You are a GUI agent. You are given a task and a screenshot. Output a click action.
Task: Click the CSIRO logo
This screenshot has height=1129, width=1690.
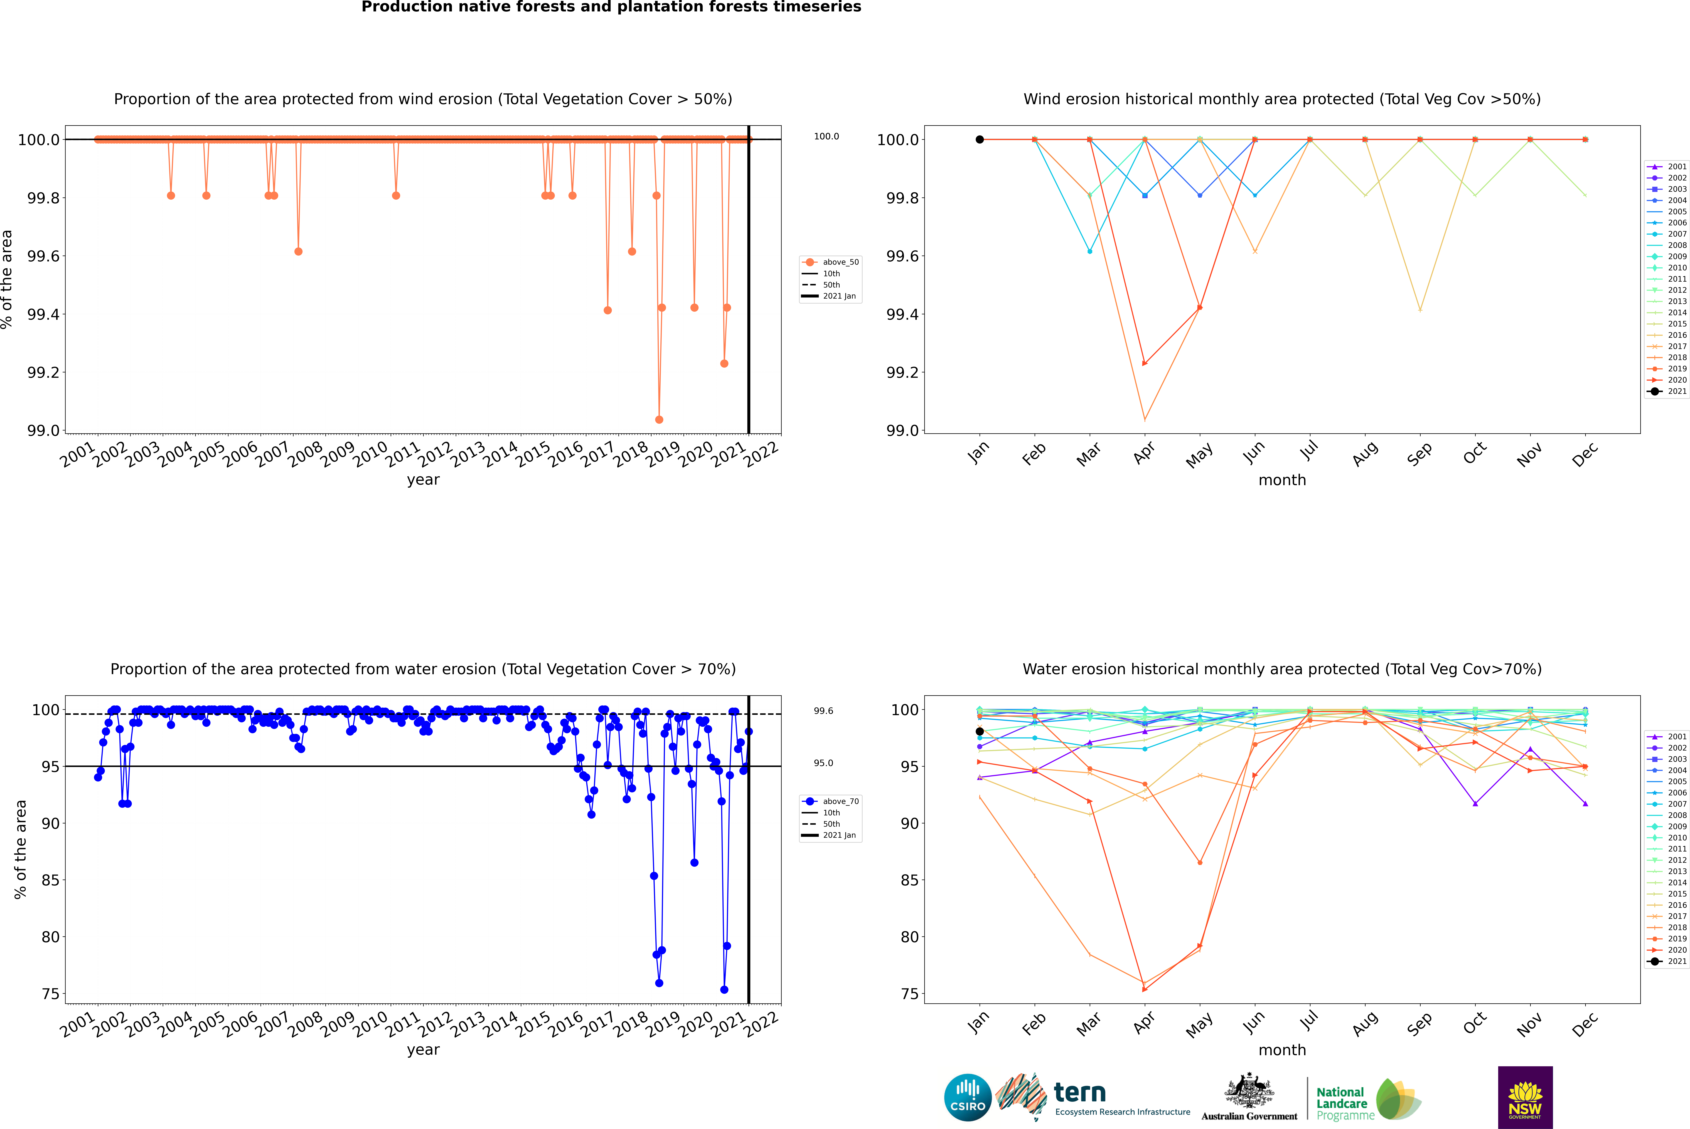click(x=968, y=1097)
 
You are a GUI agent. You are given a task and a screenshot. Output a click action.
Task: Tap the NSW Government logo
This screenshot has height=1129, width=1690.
click(x=1525, y=1097)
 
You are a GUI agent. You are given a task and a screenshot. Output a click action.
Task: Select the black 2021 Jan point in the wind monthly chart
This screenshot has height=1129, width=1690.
click(x=980, y=140)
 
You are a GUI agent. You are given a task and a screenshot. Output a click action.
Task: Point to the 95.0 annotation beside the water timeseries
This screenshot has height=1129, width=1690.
click(x=823, y=763)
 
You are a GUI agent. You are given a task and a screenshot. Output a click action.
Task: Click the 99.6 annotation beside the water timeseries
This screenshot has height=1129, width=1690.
click(x=823, y=711)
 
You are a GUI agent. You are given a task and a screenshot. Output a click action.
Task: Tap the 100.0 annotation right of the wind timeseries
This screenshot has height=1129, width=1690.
click(x=826, y=136)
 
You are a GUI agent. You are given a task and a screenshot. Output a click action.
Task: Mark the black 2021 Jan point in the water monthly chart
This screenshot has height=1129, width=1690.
click(x=980, y=732)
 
